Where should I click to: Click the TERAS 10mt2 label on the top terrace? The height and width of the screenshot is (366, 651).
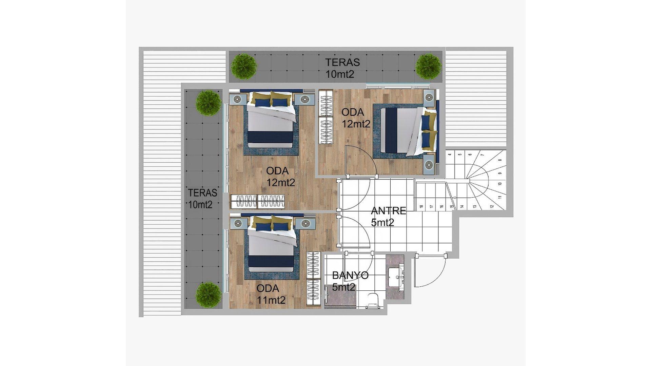coord(342,68)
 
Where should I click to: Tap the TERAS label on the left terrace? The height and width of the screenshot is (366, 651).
coord(202,193)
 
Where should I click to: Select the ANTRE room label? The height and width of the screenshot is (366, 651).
coord(389,211)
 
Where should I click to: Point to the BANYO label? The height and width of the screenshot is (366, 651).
coord(350,276)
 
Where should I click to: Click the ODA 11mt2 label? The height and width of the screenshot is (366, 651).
coord(271,294)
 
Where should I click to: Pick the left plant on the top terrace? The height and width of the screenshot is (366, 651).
coord(244,66)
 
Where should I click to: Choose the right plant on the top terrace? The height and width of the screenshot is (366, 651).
coord(429,66)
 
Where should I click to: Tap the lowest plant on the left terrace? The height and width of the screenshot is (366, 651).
coord(209,295)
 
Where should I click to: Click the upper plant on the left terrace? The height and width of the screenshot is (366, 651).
coord(209,103)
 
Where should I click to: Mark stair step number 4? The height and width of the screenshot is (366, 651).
coord(450,155)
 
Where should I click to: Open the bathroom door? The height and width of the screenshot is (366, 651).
coord(359,268)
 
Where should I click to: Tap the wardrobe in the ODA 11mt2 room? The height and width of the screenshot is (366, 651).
coord(314,279)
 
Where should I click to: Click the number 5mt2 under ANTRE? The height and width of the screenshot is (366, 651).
coord(382,223)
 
